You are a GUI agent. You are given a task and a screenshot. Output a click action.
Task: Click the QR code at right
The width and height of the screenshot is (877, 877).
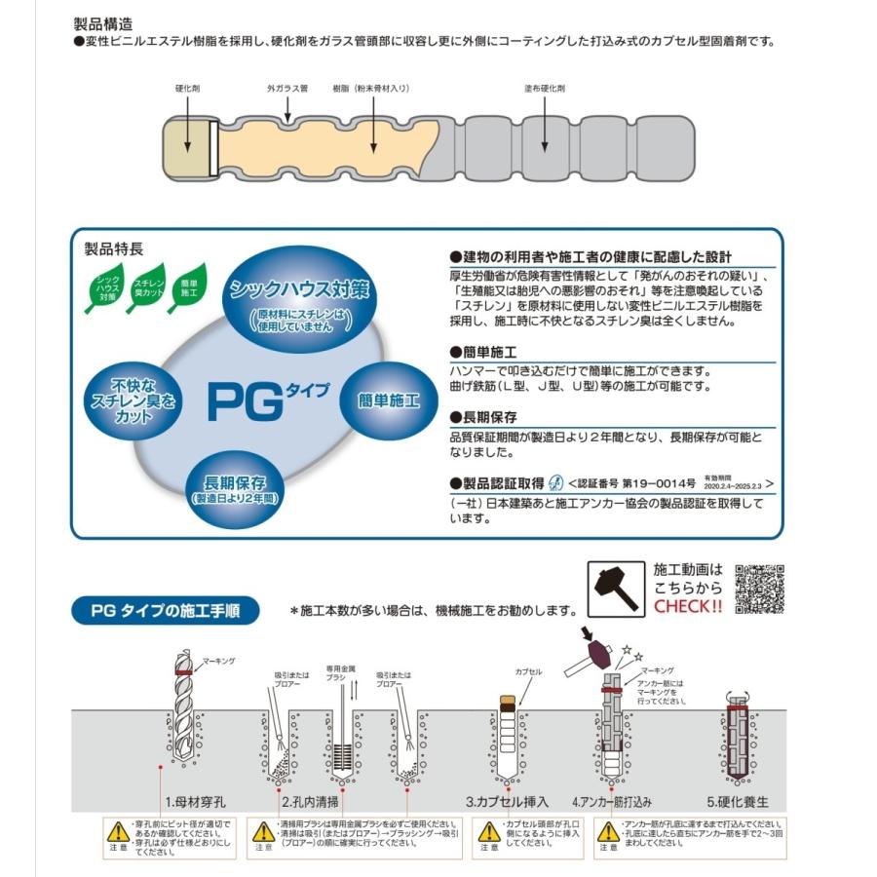coord(761,590)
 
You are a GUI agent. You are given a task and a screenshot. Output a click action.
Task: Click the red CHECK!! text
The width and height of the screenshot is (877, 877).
coord(688,605)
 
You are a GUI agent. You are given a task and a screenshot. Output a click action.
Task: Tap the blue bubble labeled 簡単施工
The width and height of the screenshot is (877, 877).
coord(387,400)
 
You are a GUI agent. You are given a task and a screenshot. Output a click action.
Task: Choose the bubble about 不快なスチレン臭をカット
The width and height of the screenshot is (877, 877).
coord(132,400)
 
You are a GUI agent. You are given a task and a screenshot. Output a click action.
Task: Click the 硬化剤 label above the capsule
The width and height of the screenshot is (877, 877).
coord(188,89)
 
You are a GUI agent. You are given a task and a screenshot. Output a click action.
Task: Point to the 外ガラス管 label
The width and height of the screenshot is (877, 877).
coord(287,89)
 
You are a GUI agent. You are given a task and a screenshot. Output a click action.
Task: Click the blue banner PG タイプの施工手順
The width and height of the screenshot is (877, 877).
coord(165,611)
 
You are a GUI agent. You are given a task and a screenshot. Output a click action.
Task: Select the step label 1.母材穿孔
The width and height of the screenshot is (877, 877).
coord(196,802)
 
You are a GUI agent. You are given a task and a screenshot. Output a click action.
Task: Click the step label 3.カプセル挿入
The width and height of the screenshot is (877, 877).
coord(507,802)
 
